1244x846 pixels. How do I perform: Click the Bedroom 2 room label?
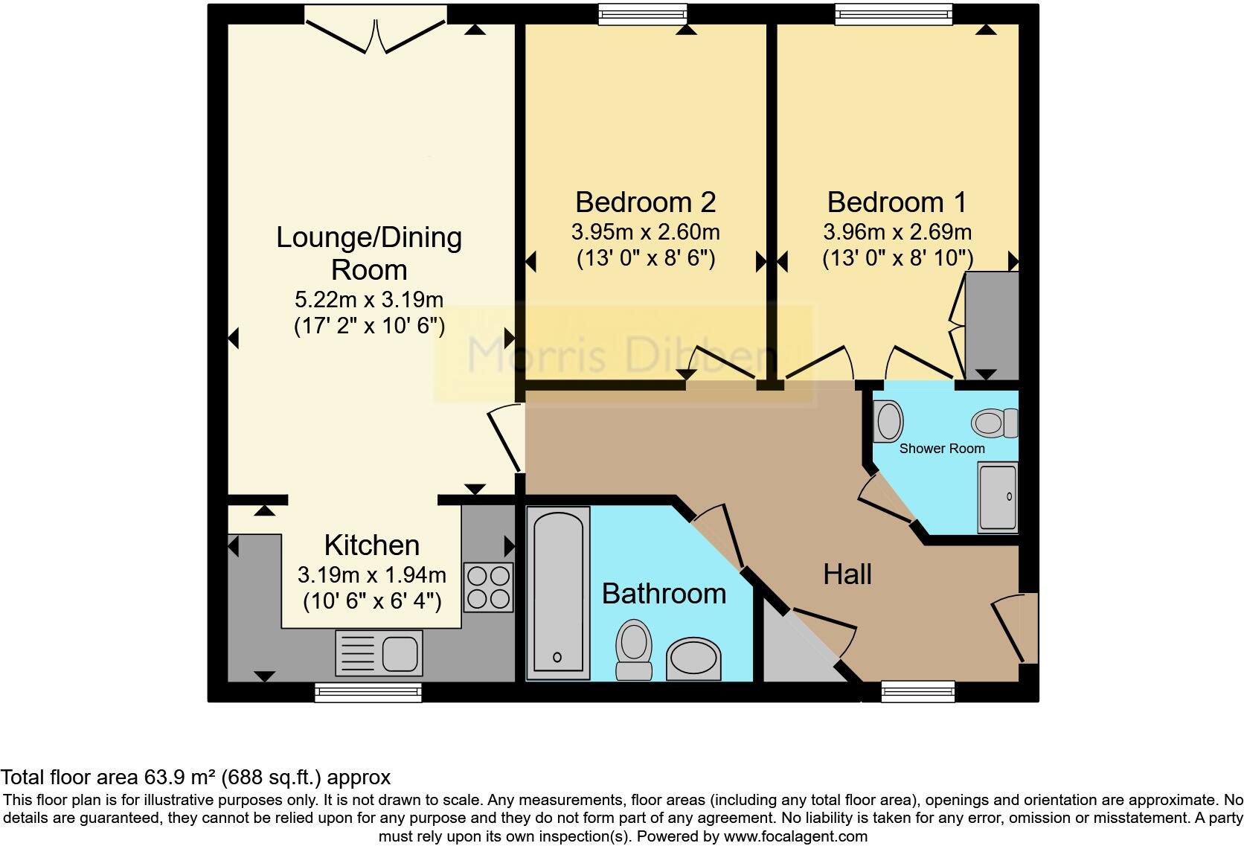click(x=645, y=202)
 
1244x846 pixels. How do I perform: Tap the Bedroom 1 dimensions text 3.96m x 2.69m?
click(x=897, y=232)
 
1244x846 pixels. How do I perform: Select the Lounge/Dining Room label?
click(x=369, y=253)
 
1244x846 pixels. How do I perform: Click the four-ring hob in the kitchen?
click(x=488, y=587)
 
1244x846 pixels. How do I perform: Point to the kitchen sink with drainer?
click(x=379, y=653)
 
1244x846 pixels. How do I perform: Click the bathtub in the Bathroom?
click(x=558, y=593)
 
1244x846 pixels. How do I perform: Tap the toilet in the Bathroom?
click(x=634, y=650)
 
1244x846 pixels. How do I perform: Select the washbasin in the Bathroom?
click(x=693, y=658)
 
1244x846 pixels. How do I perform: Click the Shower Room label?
click(x=941, y=449)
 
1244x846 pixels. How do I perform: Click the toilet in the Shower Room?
click(x=995, y=423)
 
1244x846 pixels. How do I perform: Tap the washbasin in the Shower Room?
click(x=888, y=421)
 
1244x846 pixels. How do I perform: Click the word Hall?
click(x=847, y=574)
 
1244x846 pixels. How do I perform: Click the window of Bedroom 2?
click(x=644, y=14)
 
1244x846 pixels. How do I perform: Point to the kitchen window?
click(x=368, y=693)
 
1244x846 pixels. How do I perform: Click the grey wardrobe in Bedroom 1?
click(x=991, y=325)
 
